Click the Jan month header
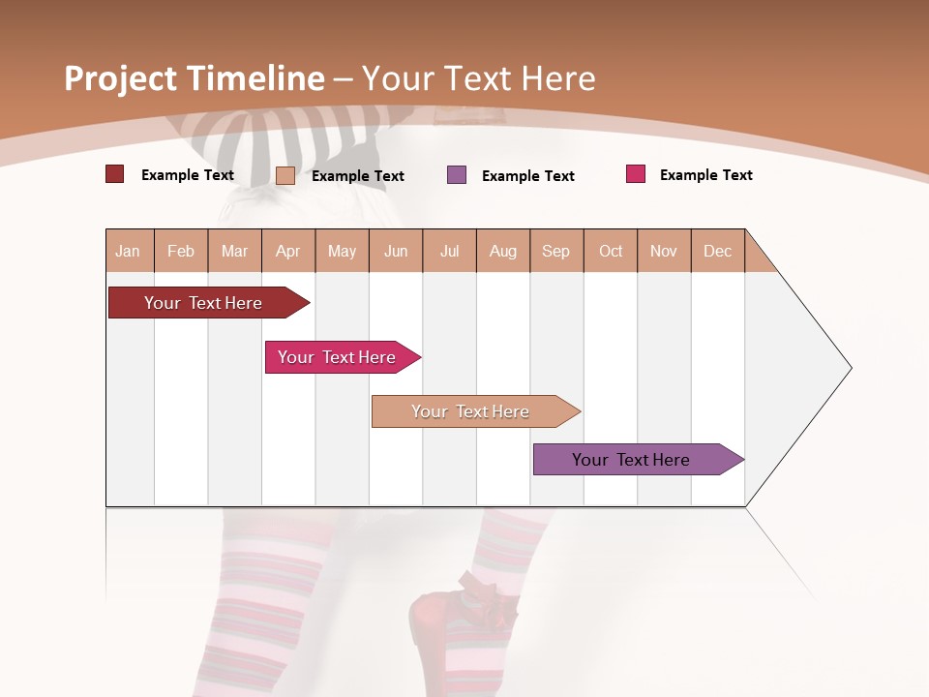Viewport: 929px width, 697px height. [128, 251]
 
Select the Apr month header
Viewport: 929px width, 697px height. [287, 251]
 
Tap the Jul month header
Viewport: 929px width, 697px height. [449, 251]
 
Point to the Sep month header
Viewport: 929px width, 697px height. [555, 251]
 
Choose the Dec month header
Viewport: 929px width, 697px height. [717, 251]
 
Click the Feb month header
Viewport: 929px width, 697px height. [181, 251]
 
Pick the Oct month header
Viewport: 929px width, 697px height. [611, 251]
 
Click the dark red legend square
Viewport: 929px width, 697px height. [114, 174]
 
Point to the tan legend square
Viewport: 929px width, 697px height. [285, 175]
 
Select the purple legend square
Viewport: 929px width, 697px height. [457, 175]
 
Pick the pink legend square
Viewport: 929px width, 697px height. [636, 174]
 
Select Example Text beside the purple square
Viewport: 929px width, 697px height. [528, 176]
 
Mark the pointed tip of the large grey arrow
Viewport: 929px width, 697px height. [850, 368]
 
